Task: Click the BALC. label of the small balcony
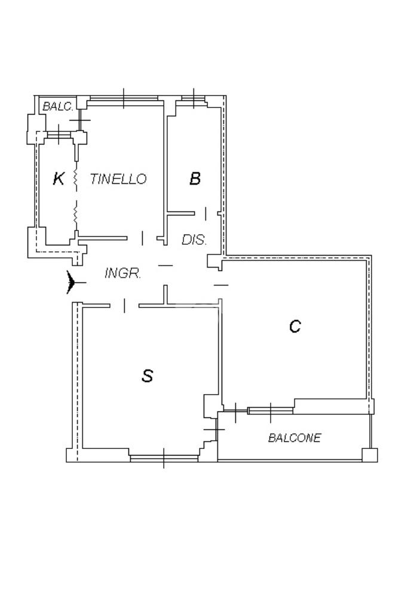[x=58, y=107]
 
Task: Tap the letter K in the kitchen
[x=58, y=178]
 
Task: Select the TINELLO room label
[x=118, y=179]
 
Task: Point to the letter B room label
[x=195, y=178]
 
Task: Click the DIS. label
[x=194, y=240]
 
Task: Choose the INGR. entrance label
[x=122, y=273]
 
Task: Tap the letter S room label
[x=147, y=376]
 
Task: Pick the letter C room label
[x=295, y=326]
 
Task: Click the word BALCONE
[x=294, y=438]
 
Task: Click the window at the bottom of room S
[x=164, y=458]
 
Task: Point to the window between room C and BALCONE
[x=271, y=410]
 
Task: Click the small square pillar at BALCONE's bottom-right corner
[x=370, y=455]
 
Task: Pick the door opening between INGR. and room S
[x=124, y=306]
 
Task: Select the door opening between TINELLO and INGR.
[x=142, y=238]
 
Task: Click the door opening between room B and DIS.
[x=205, y=213]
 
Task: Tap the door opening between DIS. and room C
[x=220, y=285]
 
